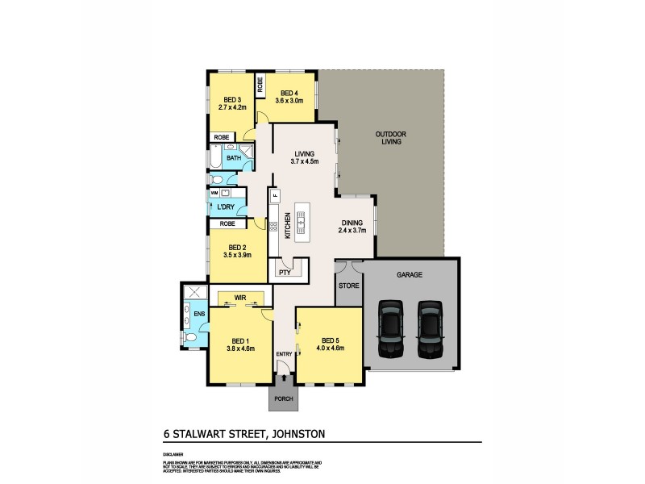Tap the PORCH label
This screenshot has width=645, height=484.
(x=282, y=399)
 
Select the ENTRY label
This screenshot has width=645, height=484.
(x=285, y=354)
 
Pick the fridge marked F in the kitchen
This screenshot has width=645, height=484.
(x=274, y=195)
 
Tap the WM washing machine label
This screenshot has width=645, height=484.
(x=214, y=194)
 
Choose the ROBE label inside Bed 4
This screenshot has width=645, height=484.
(x=260, y=85)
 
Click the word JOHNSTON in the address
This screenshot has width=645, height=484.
(x=300, y=434)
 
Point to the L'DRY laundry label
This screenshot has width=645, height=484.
(x=226, y=207)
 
